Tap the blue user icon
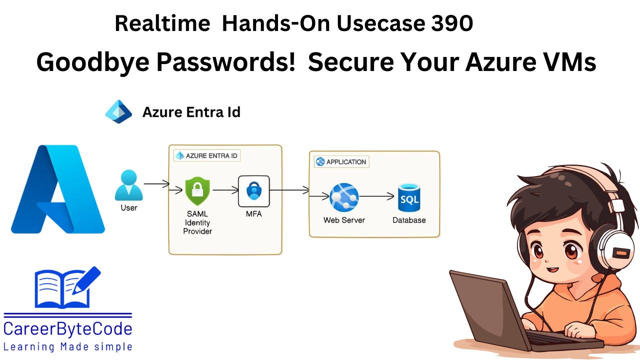tap(128, 185)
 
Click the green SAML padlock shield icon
tap(197, 190)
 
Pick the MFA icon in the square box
tap(253, 190)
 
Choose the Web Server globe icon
tap(344, 197)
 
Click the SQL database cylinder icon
tap(409, 197)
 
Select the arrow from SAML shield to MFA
tap(225, 190)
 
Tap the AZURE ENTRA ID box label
tap(206, 155)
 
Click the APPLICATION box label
tap(341, 161)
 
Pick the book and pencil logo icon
tap(67, 287)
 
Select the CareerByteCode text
tap(68, 329)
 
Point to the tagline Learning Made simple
tap(68, 346)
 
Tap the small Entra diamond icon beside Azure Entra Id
tap(118, 111)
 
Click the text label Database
tap(409, 220)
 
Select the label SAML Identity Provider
tap(197, 222)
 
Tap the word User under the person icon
tap(128, 207)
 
